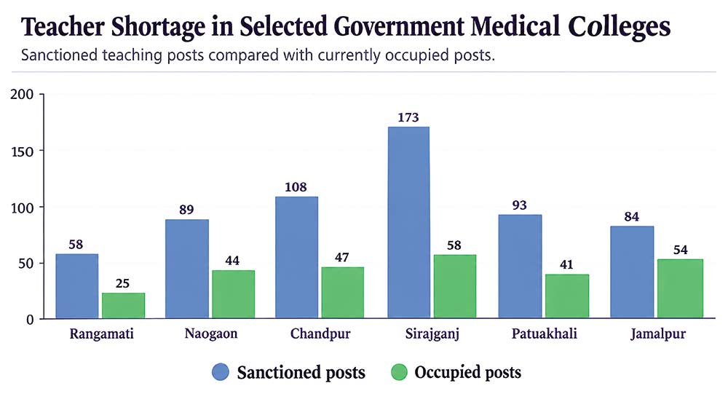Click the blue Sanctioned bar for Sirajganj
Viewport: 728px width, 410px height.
[408, 222]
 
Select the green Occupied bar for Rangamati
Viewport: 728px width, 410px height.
[124, 306]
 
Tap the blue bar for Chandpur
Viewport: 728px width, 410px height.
[297, 258]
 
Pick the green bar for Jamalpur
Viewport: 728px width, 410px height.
[680, 289]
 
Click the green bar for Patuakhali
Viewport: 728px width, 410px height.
[567, 296]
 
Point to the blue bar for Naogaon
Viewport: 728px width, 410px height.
[187, 269]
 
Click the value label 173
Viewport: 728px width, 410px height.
[408, 117]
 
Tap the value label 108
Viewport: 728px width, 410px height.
[296, 187]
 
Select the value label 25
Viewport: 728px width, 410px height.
[122, 283]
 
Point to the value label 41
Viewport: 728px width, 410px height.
[566, 264]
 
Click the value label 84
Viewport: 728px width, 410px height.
[631, 216]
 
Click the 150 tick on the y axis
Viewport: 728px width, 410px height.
[23, 151]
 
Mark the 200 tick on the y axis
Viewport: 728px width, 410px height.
[23, 94]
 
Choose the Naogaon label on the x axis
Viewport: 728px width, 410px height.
[211, 334]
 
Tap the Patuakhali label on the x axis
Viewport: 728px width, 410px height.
[544, 334]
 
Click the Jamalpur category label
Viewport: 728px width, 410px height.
[658, 334]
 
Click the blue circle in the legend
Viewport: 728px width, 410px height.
[221, 372]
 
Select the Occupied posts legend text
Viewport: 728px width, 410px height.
[467, 372]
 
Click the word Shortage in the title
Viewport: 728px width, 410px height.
[158, 27]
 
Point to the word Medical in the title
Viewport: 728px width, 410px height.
[515, 26]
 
